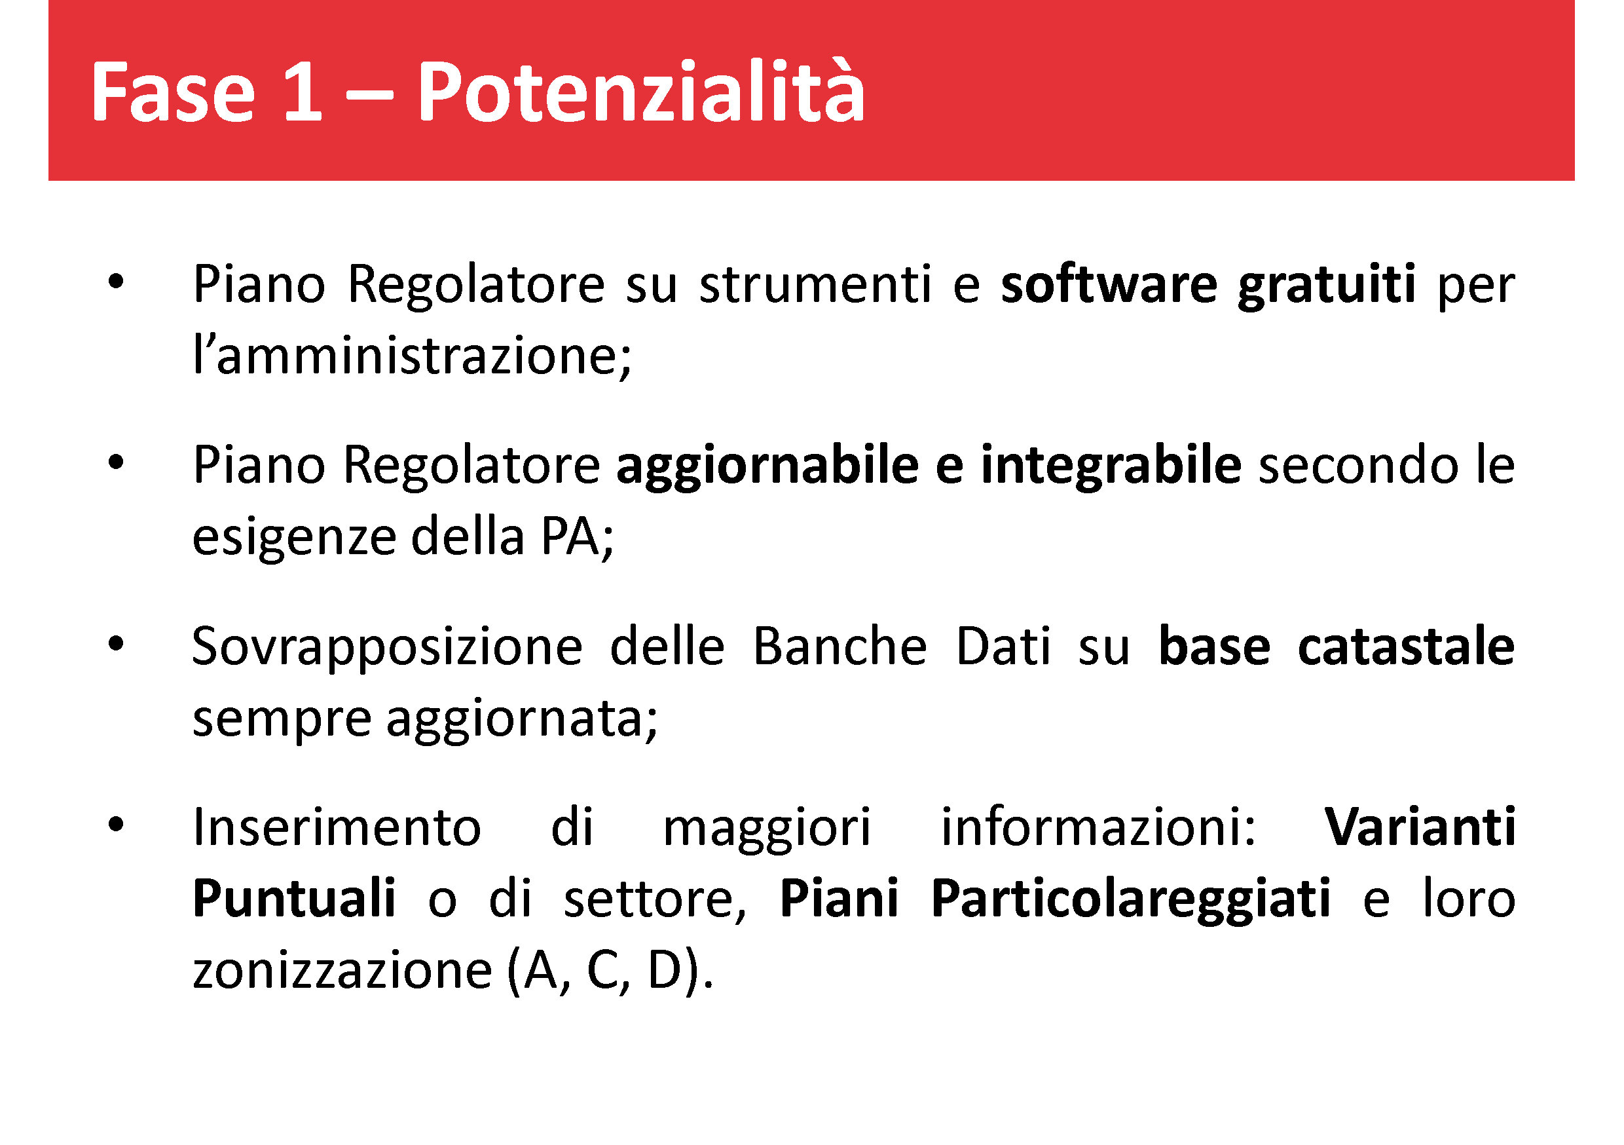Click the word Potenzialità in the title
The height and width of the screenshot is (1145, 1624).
pos(641,90)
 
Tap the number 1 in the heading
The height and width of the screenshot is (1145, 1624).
pos(303,91)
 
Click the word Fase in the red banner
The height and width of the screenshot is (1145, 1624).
pos(174,91)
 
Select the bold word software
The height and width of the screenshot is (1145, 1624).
pos(1109,284)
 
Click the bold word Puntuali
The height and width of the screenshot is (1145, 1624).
pos(293,898)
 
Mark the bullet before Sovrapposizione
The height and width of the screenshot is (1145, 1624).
pos(116,644)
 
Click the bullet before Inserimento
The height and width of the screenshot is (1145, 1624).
pos(116,825)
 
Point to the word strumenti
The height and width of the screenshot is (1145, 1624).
pos(815,284)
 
